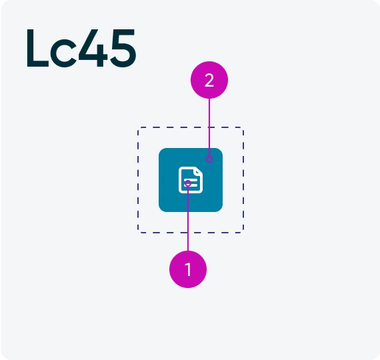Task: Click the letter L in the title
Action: coord(37,48)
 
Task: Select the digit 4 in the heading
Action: coord(93,48)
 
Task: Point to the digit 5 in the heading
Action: coord(123,48)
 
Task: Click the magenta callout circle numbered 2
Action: coord(209,80)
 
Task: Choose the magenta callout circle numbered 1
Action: coord(188,269)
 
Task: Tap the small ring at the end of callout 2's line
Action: coord(209,159)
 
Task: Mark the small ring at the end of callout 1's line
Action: coord(188,183)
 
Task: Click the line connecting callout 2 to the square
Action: coord(209,127)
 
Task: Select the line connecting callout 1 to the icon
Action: coord(188,219)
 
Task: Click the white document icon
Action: coord(191,180)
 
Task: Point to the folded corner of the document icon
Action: coord(199,170)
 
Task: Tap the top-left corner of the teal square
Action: coord(159,149)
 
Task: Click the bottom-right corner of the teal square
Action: coord(222,211)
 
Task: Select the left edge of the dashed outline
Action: coord(138,180)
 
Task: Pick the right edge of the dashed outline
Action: coord(243,180)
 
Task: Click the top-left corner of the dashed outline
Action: coord(139,127)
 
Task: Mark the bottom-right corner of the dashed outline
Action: coord(243,233)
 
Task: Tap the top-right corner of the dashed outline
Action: coord(243,127)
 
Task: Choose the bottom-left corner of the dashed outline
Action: coord(139,233)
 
